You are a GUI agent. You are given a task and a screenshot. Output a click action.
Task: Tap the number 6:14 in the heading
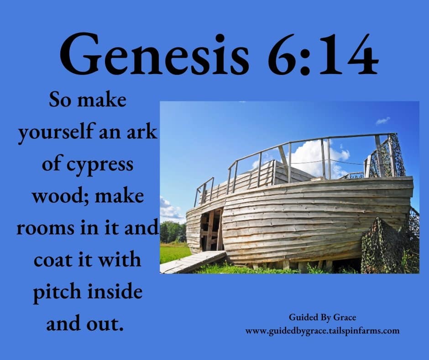323,54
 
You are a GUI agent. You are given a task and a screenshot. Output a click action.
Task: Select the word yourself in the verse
56,132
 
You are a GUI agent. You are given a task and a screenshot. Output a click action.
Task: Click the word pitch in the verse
57,292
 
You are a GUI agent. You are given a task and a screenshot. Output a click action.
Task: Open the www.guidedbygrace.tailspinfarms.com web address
322,331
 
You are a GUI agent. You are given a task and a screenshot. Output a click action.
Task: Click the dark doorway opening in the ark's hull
211,230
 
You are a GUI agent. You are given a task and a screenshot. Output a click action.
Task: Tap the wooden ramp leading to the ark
193,262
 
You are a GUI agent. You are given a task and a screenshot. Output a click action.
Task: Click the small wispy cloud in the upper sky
383,120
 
